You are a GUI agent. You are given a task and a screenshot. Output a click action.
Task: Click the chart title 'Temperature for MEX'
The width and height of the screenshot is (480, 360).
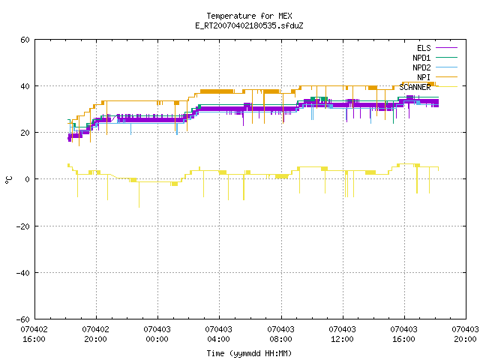coord(249,16)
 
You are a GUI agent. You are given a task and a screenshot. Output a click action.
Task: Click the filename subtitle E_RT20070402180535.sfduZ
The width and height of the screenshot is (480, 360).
coord(249,25)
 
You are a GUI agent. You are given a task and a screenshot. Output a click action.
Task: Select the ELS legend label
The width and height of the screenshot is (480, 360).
coord(424,48)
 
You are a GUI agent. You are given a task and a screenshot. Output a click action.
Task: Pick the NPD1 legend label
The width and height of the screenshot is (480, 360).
coord(421,58)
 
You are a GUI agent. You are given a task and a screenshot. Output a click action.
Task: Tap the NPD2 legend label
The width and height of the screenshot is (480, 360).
coord(421,67)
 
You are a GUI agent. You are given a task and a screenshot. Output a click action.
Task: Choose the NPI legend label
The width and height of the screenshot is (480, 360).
coord(424,77)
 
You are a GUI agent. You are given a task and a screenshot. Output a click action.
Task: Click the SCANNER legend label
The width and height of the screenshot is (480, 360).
coord(415,87)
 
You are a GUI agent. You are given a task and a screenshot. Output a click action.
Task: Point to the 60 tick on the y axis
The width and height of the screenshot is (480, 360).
coord(25,40)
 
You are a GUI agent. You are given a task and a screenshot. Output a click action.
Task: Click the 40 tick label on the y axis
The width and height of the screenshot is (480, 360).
coord(25,86)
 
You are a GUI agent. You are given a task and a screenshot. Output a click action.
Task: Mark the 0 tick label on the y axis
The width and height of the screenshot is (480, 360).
coord(28,179)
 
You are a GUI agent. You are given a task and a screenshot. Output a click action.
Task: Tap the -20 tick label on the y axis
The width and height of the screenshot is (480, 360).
coord(23,226)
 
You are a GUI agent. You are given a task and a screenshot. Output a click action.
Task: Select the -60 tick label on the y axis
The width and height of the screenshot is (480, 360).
coord(23,319)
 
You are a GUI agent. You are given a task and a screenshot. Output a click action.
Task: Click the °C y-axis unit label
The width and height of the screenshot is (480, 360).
coord(8,180)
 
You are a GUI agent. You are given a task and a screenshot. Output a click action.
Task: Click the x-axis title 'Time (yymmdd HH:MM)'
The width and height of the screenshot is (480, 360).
coord(249,353)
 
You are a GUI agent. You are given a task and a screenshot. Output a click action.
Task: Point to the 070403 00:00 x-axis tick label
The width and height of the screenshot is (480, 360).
coord(157,334)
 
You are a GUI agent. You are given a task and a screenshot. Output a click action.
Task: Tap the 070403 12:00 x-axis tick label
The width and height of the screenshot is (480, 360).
coord(342,334)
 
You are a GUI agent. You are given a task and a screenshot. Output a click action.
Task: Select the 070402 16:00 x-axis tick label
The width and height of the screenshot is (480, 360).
coord(34,334)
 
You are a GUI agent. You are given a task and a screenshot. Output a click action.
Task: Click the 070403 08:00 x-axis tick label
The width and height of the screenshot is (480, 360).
coord(280,334)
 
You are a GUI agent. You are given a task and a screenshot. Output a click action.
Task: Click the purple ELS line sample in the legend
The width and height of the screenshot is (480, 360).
coord(447,48)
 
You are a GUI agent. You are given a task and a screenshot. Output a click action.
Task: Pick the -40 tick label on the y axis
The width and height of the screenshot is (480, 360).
coord(23,273)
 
